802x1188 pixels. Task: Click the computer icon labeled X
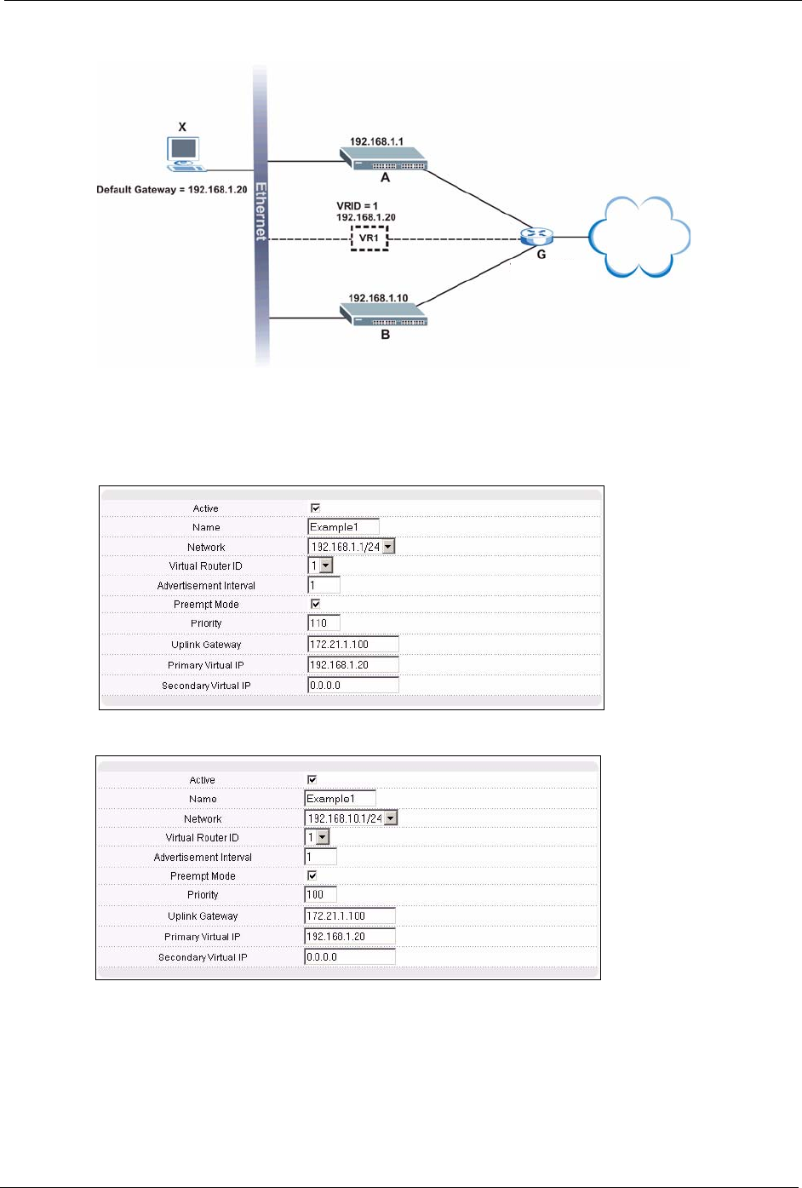182,152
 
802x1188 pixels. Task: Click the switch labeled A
384,159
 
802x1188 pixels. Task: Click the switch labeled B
384,314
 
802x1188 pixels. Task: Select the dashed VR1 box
369,238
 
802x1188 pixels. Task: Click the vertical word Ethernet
261,211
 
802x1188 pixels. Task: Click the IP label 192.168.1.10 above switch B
378,298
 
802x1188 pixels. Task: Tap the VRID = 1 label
357,206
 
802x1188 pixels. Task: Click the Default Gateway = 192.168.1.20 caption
172,190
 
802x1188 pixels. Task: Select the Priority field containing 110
324,623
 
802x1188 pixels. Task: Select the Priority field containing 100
320,895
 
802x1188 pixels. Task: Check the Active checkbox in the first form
315,508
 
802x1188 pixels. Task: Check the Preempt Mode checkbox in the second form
312,875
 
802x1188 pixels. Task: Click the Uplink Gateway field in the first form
352,645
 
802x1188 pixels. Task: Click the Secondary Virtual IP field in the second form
349,957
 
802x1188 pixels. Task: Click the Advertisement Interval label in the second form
203,858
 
